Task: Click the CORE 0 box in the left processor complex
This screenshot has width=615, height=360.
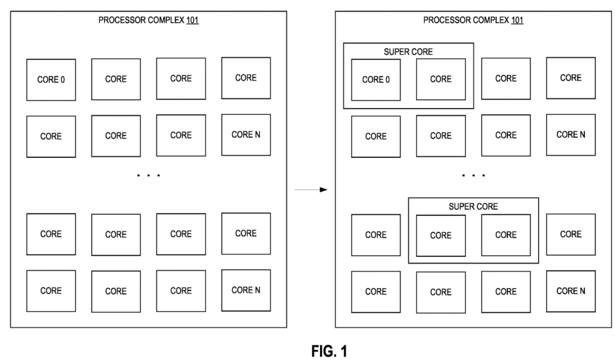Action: click(x=51, y=80)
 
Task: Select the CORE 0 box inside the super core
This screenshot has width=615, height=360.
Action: click(x=375, y=80)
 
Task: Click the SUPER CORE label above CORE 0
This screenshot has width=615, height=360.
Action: click(x=408, y=51)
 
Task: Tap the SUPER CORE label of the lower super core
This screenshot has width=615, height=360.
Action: click(x=473, y=206)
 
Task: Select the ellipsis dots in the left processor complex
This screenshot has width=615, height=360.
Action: click(x=149, y=176)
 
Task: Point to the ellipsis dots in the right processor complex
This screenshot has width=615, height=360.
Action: click(x=473, y=176)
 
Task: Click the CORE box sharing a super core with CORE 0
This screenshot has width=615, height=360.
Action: click(x=441, y=80)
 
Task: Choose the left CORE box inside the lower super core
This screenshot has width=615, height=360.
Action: click(x=441, y=235)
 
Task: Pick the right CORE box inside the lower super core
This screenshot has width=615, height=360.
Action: click(x=506, y=235)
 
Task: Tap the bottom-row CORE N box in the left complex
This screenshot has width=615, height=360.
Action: click(x=245, y=290)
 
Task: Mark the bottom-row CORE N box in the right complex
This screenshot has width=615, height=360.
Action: click(x=571, y=291)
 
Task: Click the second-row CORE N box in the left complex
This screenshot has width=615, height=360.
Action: click(x=245, y=135)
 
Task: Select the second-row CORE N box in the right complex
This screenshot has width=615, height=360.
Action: click(x=571, y=135)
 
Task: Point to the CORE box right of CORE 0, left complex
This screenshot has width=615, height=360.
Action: click(x=116, y=80)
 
